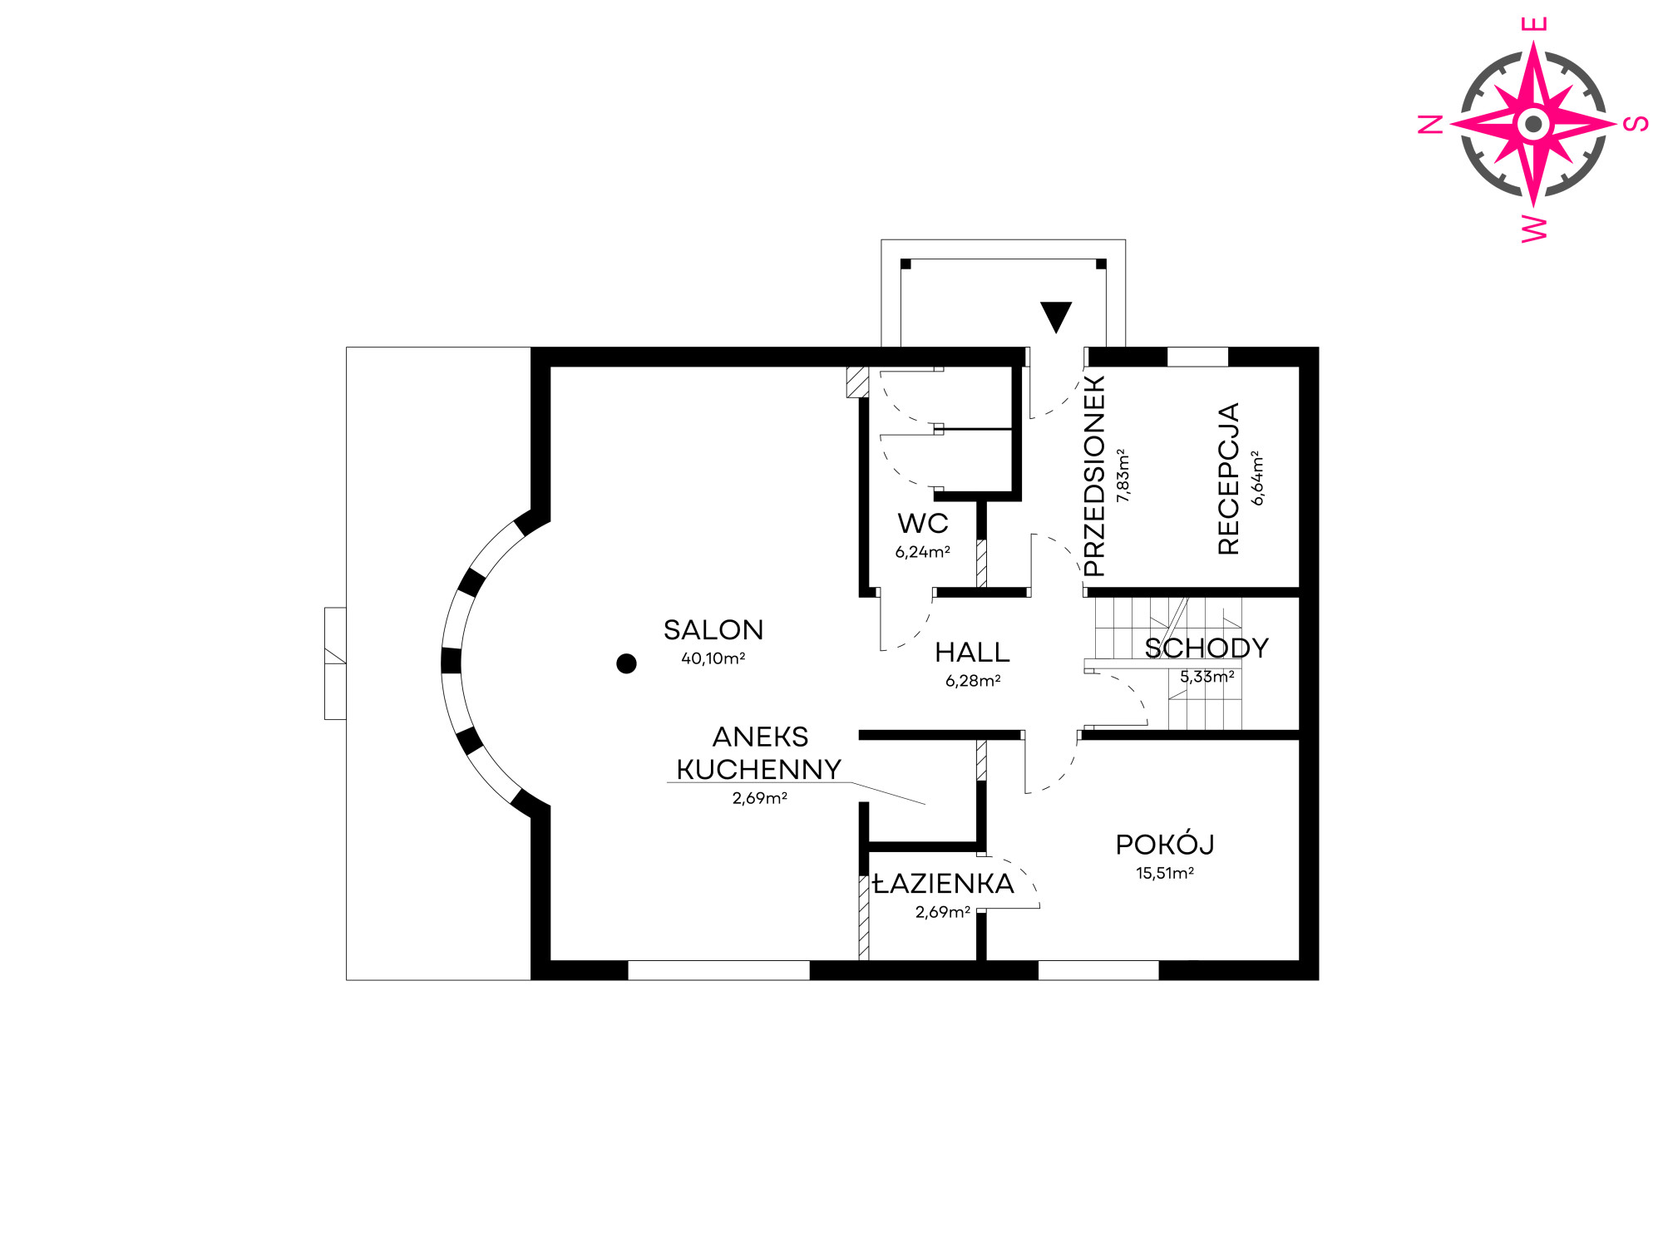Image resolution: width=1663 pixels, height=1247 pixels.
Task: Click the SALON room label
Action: (713, 630)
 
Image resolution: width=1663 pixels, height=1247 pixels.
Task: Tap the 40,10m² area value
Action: (713, 658)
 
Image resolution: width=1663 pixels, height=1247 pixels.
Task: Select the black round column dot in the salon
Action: (626, 663)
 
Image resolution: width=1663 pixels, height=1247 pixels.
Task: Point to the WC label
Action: (923, 524)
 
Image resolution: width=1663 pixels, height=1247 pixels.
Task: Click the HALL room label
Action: (972, 653)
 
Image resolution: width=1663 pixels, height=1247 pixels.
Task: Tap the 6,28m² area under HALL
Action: (973, 681)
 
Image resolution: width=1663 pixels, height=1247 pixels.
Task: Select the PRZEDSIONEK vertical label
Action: (1094, 476)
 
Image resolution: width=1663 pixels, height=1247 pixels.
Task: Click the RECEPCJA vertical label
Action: (1228, 479)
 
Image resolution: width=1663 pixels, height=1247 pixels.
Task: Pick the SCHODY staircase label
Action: (1207, 648)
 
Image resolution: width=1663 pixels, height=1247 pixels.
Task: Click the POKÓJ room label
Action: (1165, 844)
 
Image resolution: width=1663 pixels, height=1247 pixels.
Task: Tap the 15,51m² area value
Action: (1165, 873)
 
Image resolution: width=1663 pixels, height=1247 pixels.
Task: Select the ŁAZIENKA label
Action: (944, 883)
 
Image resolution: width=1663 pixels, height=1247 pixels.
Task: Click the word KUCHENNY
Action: (759, 770)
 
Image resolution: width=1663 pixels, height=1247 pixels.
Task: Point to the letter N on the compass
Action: (1430, 125)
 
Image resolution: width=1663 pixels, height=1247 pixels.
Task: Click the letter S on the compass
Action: (1636, 124)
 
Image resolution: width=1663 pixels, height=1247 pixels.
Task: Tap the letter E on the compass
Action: (1534, 23)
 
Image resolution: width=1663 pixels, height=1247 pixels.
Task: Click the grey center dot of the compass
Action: (1534, 125)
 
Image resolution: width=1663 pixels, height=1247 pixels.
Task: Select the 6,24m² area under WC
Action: (923, 552)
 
